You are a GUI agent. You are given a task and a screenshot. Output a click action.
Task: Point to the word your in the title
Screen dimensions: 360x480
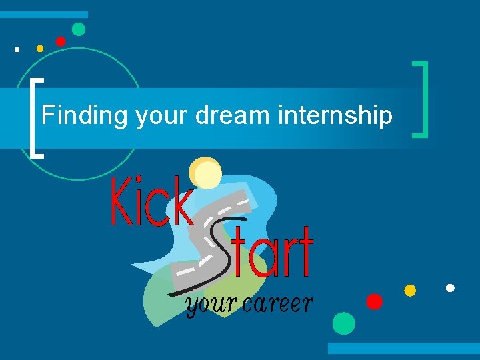tap(163, 117)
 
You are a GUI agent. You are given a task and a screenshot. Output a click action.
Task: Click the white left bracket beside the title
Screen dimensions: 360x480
tap(37, 117)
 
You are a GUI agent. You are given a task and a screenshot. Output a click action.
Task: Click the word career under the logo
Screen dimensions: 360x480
tap(278, 304)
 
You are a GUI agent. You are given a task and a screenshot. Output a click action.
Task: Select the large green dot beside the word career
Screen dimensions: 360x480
tap(344, 323)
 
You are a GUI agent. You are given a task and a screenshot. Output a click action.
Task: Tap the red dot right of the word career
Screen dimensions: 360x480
tap(375, 301)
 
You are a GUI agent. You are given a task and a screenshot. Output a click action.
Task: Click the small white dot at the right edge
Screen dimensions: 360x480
tap(450, 288)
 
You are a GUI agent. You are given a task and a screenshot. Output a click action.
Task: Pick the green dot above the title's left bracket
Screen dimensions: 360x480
tap(79, 29)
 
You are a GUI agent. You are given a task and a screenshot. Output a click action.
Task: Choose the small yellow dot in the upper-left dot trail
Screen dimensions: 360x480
tap(40, 48)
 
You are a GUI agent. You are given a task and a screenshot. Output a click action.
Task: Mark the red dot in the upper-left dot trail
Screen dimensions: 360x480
tap(61, 41)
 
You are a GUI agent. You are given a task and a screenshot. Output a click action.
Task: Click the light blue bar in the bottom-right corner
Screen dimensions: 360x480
tap(403, 348)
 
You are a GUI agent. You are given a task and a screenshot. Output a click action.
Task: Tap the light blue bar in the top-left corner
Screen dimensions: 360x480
tap(44, 14)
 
